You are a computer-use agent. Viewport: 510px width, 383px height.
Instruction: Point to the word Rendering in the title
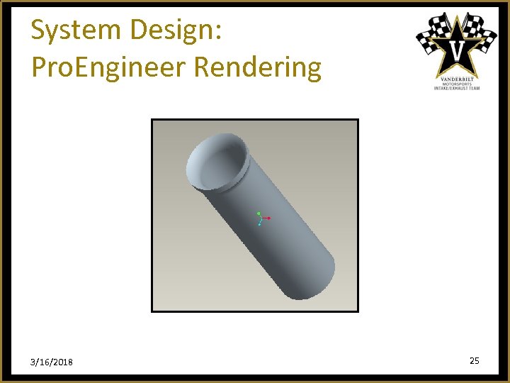(x=257, y=67)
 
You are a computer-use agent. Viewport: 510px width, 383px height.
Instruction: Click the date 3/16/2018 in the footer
(x=51, y=362)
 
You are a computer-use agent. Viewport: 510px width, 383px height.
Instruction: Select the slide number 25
(x=474, y=361)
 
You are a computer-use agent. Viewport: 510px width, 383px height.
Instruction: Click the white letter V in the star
(x=457, y=50)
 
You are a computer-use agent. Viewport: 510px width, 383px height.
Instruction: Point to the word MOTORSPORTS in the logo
(x=457, y=83)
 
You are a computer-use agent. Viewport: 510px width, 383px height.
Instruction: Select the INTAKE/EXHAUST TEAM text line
(x=457, y=88)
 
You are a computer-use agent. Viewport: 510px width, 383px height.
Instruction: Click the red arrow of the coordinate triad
(x=268, y=218)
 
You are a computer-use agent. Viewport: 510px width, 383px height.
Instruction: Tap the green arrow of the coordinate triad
(x=259, y=213)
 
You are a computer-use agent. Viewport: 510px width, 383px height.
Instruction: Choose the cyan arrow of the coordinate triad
(x=260, y=223)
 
